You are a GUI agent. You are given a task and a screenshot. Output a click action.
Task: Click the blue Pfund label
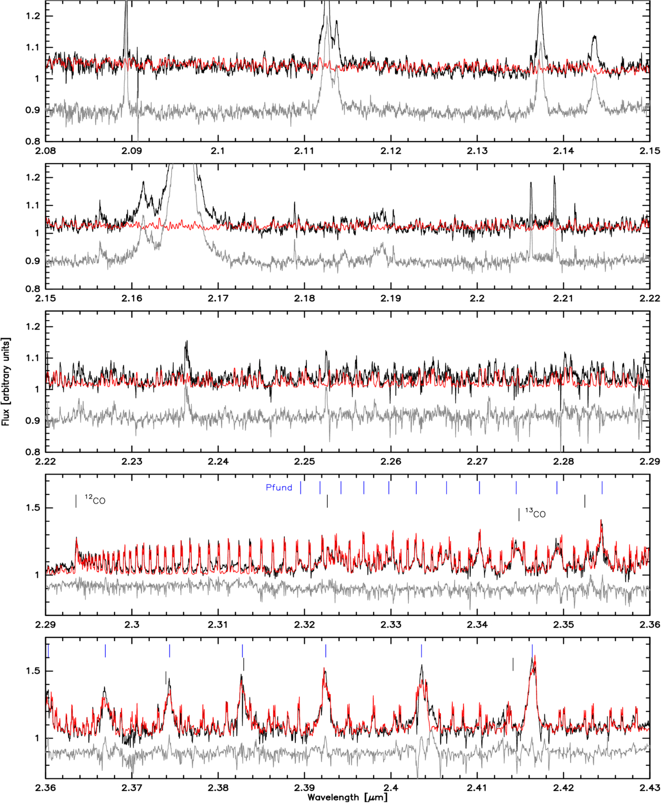point(279,488)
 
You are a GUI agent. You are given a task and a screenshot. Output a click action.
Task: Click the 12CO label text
point(95,500)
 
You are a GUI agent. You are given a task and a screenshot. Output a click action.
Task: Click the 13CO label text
point(535,513)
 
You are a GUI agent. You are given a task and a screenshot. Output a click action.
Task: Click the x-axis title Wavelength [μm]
point(347,797)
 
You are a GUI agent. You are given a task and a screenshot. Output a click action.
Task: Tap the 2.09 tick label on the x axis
point(132,151)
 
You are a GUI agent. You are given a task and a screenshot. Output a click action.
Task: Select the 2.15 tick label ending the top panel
point(650,151)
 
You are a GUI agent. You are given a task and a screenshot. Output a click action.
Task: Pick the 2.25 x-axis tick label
point(305,461)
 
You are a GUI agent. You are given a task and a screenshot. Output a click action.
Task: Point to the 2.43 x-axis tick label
point(650,788)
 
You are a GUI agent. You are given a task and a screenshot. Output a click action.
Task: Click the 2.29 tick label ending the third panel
point(650,461)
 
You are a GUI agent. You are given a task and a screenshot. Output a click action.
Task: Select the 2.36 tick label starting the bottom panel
point(46,788)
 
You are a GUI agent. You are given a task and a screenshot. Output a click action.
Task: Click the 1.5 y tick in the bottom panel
point(34,671)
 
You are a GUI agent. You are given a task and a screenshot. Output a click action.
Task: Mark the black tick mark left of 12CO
point(76,501)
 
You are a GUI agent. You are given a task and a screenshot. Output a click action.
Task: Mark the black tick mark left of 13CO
point(519,514)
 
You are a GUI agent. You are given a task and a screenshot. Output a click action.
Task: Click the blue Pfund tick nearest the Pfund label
point(301,488)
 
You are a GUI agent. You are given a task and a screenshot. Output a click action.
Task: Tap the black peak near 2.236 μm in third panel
point(186,343)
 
